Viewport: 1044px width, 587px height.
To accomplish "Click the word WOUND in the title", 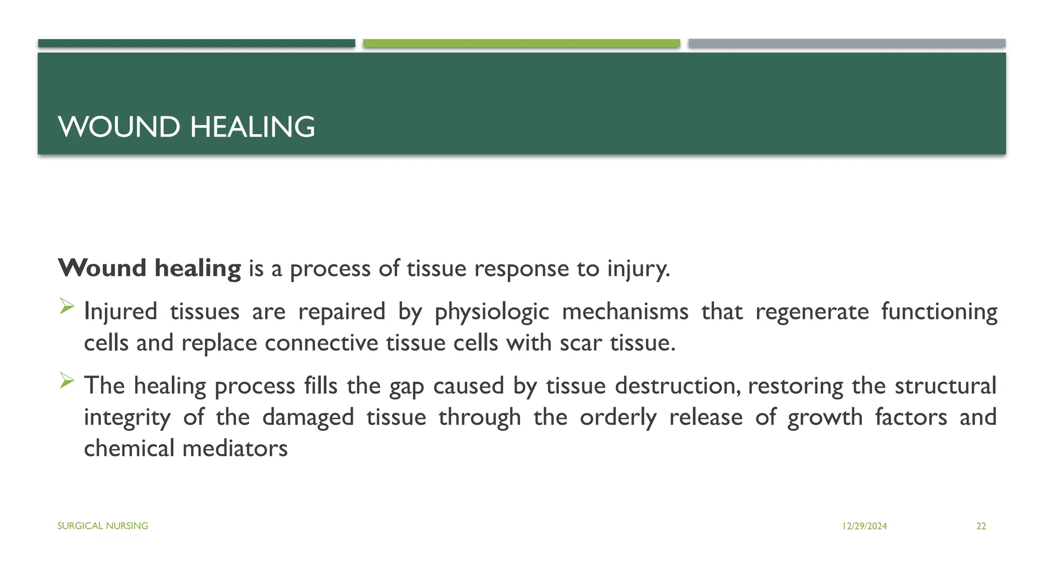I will coord(119,127).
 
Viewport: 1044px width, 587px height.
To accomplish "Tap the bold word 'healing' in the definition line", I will coord(198,269).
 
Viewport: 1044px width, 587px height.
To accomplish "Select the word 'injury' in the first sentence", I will coord(637,269).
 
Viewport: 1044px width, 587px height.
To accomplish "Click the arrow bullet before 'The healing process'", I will coord(67,381).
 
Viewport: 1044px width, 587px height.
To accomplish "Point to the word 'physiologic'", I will coord(491,312).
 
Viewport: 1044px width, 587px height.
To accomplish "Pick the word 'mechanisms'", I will coord(625,311).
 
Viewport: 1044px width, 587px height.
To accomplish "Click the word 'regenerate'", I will coord(812,312).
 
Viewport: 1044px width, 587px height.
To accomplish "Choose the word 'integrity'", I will coord(127,418).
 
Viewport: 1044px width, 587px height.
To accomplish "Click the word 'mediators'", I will coord(235,448).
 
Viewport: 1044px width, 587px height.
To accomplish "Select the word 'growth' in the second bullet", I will coord(825,418).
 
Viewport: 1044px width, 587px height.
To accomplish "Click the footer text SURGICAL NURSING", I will coord(102,526).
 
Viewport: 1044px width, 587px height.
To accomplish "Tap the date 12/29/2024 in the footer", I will coord(865,526).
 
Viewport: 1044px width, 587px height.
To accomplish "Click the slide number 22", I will coord(981,526).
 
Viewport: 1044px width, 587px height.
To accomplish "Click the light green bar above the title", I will coord(521,43).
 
